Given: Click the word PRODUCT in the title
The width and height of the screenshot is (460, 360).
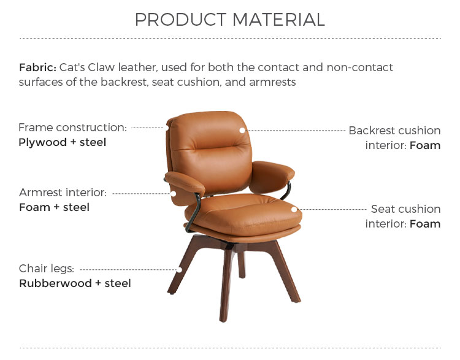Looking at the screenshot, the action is pos(180,20).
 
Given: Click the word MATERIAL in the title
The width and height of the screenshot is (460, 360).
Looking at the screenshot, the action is pos(278,20).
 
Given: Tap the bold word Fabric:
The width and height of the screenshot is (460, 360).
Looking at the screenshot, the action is pos(37,67).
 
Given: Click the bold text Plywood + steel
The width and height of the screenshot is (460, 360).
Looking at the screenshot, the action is pos(62,142).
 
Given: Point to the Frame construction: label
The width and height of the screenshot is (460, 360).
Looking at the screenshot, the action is pos(72,128).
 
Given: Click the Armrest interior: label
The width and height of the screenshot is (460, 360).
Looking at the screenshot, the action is pos(63,193).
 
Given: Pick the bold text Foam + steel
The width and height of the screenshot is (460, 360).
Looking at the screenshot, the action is pos(54,207).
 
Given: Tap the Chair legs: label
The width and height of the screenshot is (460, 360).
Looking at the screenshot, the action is pos(47,269).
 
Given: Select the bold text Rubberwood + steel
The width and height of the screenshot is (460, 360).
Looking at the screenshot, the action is pos(75,283).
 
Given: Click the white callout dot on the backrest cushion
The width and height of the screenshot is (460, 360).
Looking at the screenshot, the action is pos(242,130).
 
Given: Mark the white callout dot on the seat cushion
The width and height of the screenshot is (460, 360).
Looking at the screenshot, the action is pos(294,210).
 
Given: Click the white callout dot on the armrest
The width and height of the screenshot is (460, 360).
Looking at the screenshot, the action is pos(174,194).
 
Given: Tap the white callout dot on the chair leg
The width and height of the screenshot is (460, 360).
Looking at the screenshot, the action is pos(179,270).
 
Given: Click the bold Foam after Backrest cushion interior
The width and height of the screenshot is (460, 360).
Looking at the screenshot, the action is pos(425,145).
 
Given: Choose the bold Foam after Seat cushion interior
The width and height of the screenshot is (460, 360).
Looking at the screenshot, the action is pos(425,224).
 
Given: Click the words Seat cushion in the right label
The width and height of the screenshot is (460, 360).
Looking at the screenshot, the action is pos(406,209).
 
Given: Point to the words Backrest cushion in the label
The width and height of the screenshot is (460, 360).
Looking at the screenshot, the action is pos(394,131).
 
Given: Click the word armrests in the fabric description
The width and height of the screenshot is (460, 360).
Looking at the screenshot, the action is pos(272,82).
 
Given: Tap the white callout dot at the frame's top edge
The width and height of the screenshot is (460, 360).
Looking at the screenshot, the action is pos(167,128).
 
